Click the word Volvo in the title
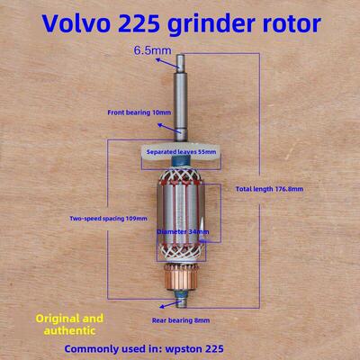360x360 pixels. (x=76, y=23)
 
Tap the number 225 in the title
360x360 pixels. (x=139, y=23)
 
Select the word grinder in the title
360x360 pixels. (x=211, y=25)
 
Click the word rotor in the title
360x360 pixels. (x=292, y=24)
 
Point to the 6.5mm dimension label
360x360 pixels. (x=153, y=50)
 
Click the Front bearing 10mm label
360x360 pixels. (x=139, y=112)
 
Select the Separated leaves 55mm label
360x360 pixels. (x=182, y=151)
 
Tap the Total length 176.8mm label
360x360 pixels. (x=269, y=189)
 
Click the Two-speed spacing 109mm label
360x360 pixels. (x=109, y=219)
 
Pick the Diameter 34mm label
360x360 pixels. (x=183, y=231)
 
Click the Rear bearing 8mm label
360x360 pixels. (x=181, y=320)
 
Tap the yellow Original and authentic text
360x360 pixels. (x=69, y=324)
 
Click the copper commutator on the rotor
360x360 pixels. (x=181, y=277)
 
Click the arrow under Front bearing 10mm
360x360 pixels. (x=170, y=128)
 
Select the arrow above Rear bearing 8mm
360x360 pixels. (x=170, y=304)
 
